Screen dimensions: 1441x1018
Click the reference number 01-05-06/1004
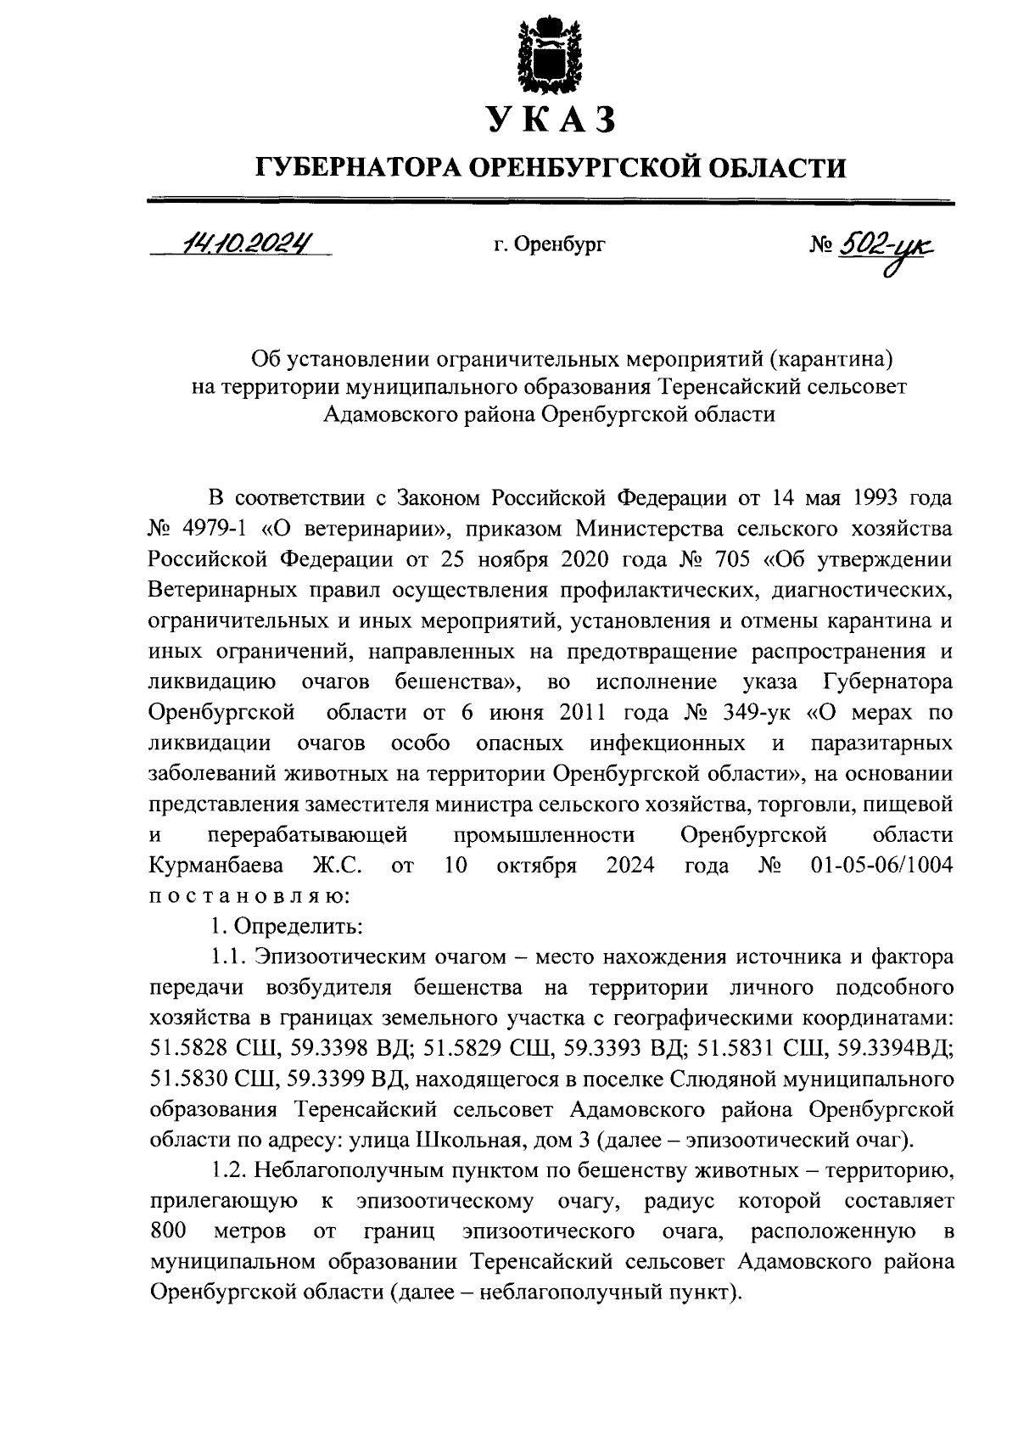(x=876, y=866)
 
